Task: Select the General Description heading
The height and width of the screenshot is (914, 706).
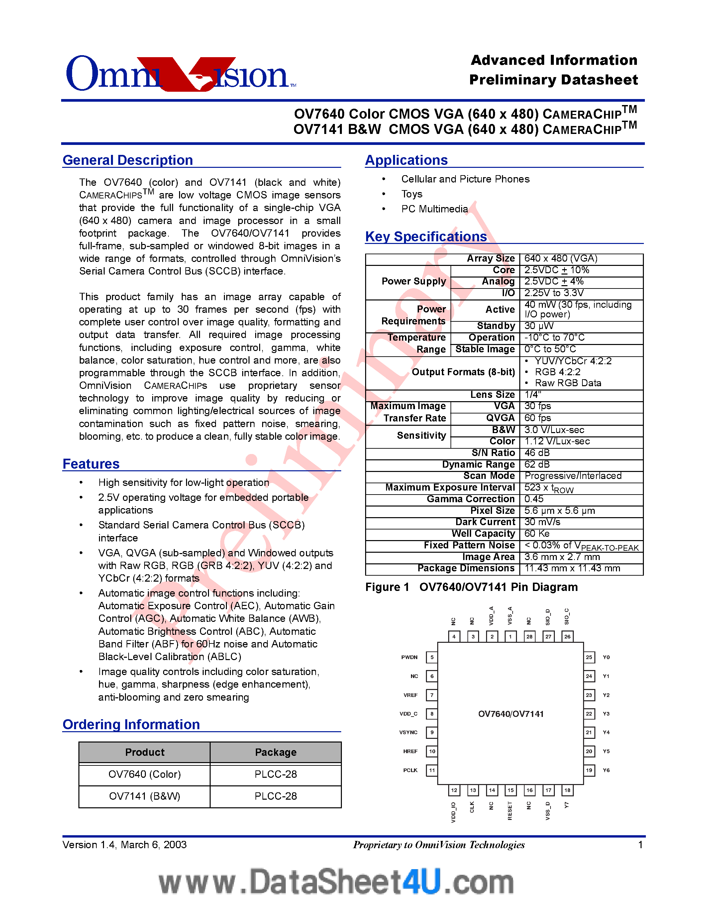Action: (128, 160)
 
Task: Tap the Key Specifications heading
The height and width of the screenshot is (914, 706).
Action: (426, 237)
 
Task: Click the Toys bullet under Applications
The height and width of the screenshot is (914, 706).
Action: (412, 194)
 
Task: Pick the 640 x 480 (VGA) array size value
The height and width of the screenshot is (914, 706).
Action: (560, 259)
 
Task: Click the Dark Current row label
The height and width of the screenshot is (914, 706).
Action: (485, 522)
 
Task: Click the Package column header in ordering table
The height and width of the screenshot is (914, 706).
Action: (276, 752)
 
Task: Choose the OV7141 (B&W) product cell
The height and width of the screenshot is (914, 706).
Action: (145, 796)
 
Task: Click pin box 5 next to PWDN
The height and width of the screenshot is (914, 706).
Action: (432, 657)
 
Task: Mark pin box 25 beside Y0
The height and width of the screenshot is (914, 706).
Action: (589, 657)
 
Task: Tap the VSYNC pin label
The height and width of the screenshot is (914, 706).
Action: (408, 733)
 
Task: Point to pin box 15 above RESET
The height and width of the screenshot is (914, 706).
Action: (511, 790)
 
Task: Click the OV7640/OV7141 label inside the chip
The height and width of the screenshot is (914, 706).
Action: (511, 714)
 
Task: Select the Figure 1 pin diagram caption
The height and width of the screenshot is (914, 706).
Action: (471, 587)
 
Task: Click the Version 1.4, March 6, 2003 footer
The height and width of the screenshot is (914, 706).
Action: (125, 845)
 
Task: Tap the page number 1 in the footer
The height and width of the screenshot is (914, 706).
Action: (640, 845)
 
